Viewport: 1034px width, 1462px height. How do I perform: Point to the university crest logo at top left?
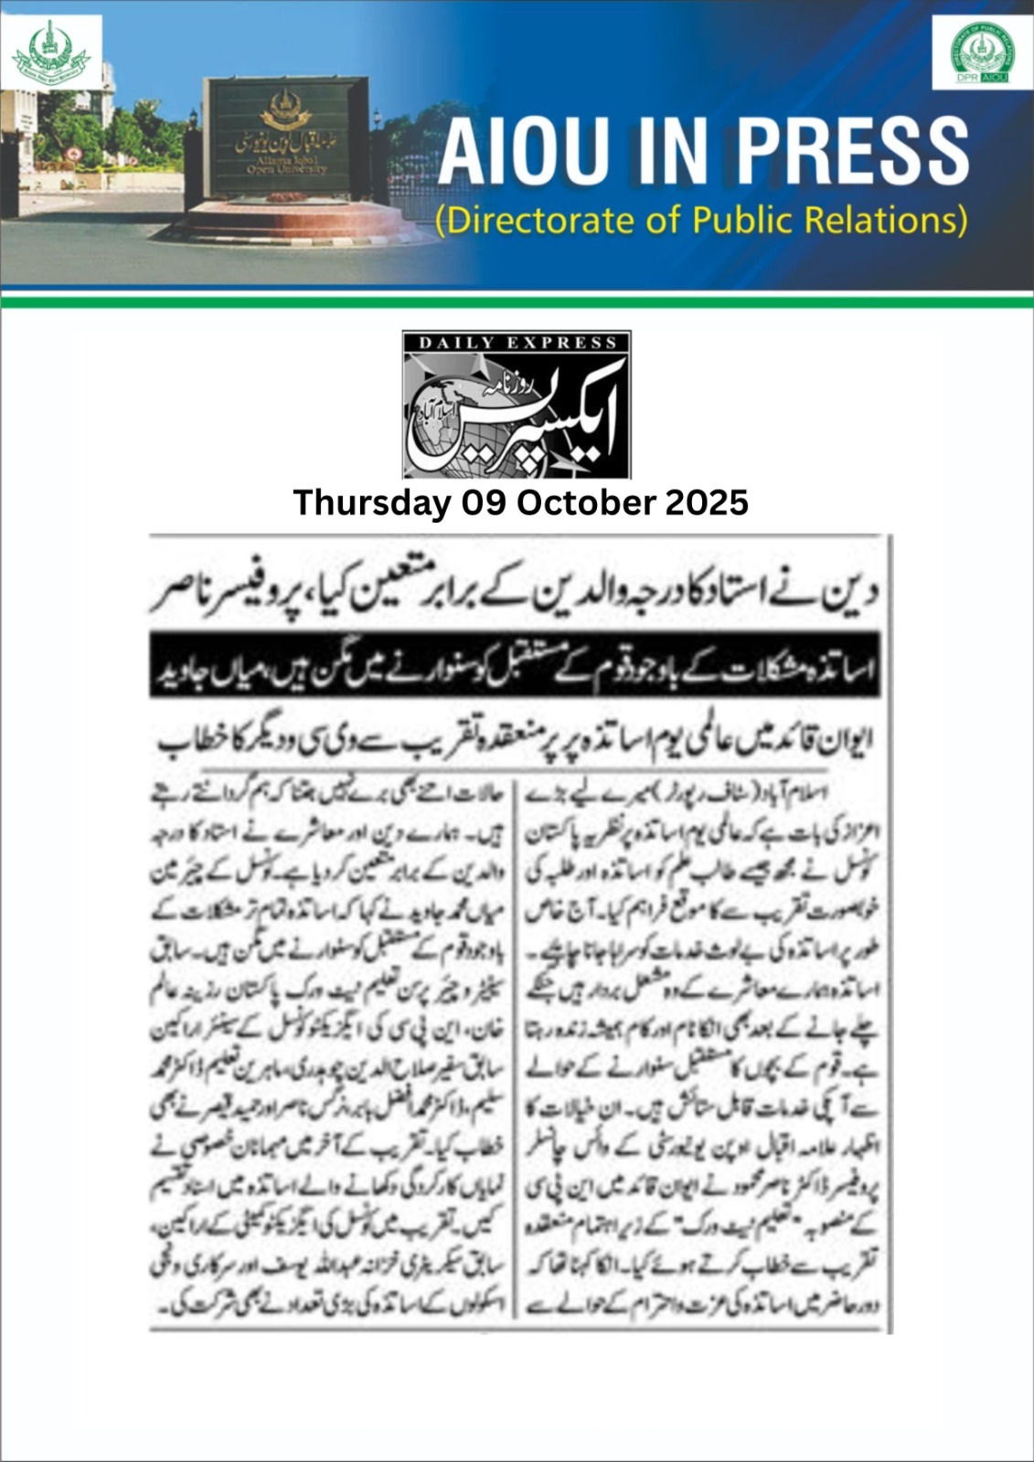click(51, 52)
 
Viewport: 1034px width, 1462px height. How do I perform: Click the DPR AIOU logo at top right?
click(982, 54)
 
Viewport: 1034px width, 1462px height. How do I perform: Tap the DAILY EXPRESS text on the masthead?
click(517, 343)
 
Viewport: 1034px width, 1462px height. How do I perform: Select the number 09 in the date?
click(484, 503)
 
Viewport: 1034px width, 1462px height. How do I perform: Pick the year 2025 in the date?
click(707, 503)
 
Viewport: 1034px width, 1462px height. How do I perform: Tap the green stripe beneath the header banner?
click(517, 303)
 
